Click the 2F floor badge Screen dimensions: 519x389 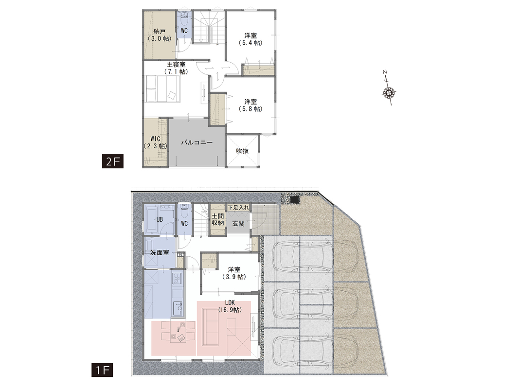pos(112,162)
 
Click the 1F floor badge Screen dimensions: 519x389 pos(102,370)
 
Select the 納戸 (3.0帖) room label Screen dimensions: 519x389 pos(160,35)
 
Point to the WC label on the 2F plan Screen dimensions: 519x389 pos(184,31)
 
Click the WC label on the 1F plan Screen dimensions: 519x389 pos(184,223)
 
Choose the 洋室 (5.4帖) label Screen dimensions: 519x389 pos(251,39)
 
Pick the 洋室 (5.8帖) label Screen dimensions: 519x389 pos(251,105)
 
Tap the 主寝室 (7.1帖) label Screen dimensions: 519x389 pos(176,68)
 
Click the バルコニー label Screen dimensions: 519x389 pos(197,142)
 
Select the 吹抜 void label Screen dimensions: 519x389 pos(242,151)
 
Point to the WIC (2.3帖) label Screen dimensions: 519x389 pos(155,142)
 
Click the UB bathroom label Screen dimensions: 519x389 pos(159,219)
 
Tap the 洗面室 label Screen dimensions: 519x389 pos(160,253)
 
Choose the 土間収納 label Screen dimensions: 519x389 pos(218,219)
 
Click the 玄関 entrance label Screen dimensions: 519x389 pos(238,224)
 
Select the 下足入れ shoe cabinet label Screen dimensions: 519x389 pos(238,208)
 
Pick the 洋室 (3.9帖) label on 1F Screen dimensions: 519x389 pos(234,273)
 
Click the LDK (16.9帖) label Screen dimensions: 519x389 pos(230,306)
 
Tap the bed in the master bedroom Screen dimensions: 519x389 pos(162,88)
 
